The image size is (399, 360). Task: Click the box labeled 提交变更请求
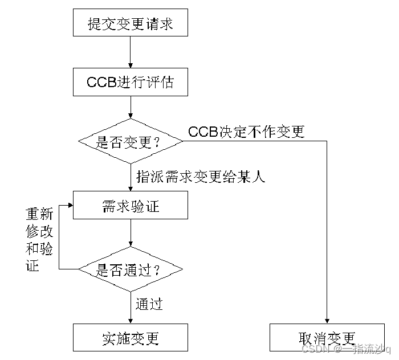point(131,24)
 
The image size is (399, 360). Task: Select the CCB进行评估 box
point(131,82)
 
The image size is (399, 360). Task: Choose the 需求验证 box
point(131,205)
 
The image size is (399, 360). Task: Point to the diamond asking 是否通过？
point(131,269)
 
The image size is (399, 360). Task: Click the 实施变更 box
point(131,337)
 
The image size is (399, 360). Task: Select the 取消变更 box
point(327,337)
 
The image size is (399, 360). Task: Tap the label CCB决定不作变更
point(246,132)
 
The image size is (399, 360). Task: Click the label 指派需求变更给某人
point(201,177)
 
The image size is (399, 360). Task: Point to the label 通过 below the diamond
point(149,304)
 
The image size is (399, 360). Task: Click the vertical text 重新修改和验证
point(39,239)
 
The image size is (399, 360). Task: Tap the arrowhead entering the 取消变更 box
point(327,320)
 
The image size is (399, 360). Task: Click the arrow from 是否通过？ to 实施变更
point(131,308)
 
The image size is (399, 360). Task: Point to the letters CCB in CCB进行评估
point(101,82)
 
